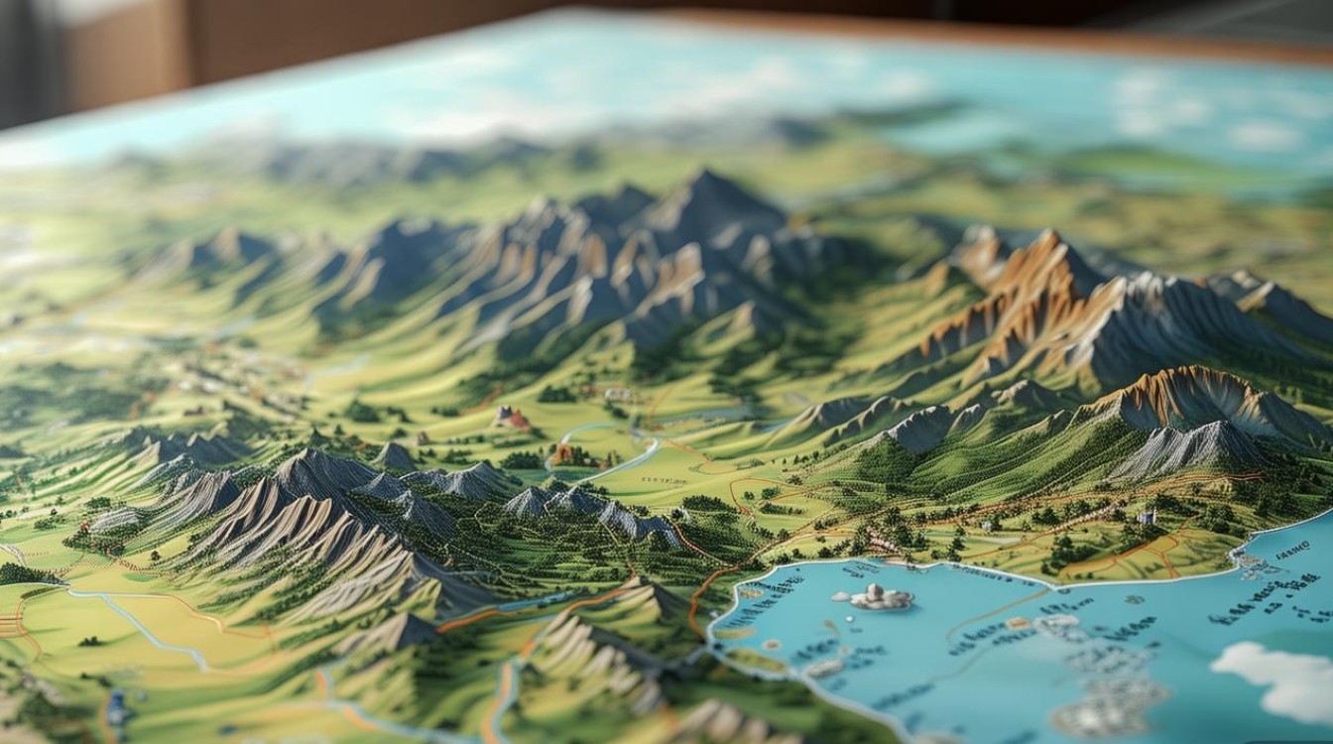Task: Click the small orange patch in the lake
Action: coord(1019,623)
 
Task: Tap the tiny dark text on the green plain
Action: coord(666,480)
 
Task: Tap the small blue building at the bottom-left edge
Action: coord(117,706)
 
